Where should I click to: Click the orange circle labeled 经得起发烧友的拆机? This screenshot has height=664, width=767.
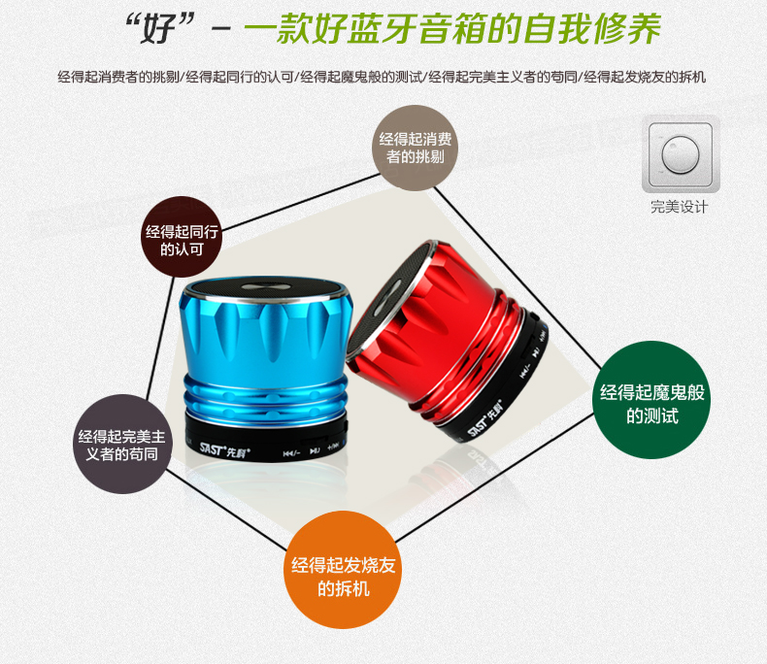pyautogui.click(x=343, y=570)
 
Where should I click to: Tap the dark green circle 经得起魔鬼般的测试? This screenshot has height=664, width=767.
pyautogui.click(x=651, y=400)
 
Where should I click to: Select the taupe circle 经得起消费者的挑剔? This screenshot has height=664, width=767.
pyautogui.click(x=416, y=148)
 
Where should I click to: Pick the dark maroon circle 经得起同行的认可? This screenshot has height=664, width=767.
pyautogui.click(x=182, y=237)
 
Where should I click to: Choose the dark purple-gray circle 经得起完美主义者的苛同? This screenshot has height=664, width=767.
pyautogui.click(x=122, y=444)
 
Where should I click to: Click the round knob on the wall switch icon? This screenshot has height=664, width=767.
pyautogui.click(x=681, y=154)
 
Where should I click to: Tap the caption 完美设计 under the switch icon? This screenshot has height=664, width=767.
pyautogui.click(x=680, y=207)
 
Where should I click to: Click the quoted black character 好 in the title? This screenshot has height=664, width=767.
pyautogui.click(x=158, y=29)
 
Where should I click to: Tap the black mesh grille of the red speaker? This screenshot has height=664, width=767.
pyautogui.click(x=396, y=294)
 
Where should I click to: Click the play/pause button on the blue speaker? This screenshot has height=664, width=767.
pyautogui.click(x=315, y=450)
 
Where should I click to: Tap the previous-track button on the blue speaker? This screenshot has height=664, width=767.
pyautogui.click(x=291, y=453)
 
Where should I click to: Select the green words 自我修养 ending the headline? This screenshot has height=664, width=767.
pyautogui.click(x=592, y=29)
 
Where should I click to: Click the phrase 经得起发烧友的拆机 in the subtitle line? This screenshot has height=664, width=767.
pyautogui.click(x=645, y=77)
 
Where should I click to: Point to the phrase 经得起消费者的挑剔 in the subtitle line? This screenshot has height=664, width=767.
pyautogui.click(x=118, y=77)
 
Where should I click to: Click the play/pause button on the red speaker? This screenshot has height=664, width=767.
pyautogui.click(x=536, y=351)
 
